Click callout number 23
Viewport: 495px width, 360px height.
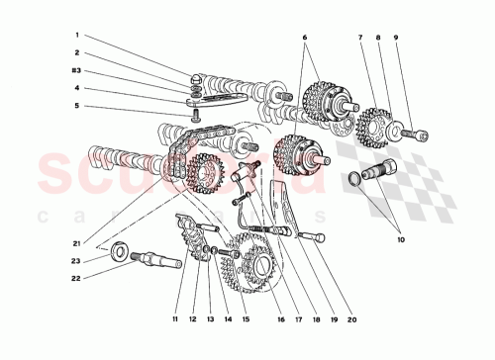(x=76, y=261)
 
